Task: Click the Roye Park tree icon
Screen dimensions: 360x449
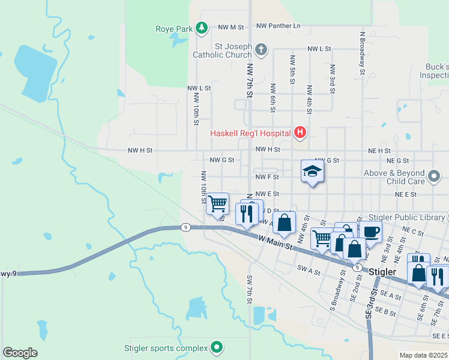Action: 202,28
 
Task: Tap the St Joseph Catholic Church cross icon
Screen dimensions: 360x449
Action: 261,49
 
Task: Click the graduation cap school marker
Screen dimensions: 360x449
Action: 312,172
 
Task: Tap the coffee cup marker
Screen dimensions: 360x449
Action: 370,232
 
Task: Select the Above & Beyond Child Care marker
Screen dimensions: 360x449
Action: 434,177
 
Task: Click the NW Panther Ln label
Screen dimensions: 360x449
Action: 278,26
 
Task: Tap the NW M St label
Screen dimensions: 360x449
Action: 231,27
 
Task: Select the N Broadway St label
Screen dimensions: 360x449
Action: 363,53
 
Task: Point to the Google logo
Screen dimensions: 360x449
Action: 20,353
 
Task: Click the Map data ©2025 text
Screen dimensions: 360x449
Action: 423,355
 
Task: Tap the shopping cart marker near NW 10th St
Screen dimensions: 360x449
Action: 217,203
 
